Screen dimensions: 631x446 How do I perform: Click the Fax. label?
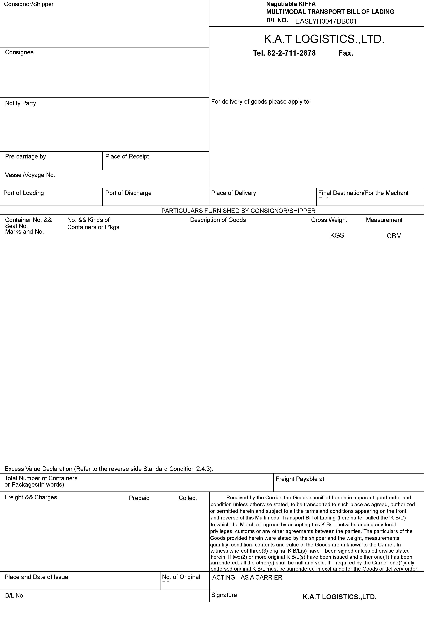(x=346, y=53)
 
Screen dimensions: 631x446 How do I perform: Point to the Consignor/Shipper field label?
(x=29, y=4)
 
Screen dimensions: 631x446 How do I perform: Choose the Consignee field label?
(x=19, y=53)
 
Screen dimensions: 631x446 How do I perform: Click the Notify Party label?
(x=21, y=103)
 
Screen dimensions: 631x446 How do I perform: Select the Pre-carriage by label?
(x=26, y=157)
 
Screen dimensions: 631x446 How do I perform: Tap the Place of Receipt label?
(x=127, y=157)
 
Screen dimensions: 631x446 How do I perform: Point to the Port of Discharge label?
(x=129, y=193)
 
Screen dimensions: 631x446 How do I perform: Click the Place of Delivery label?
(x=234, y=193)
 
